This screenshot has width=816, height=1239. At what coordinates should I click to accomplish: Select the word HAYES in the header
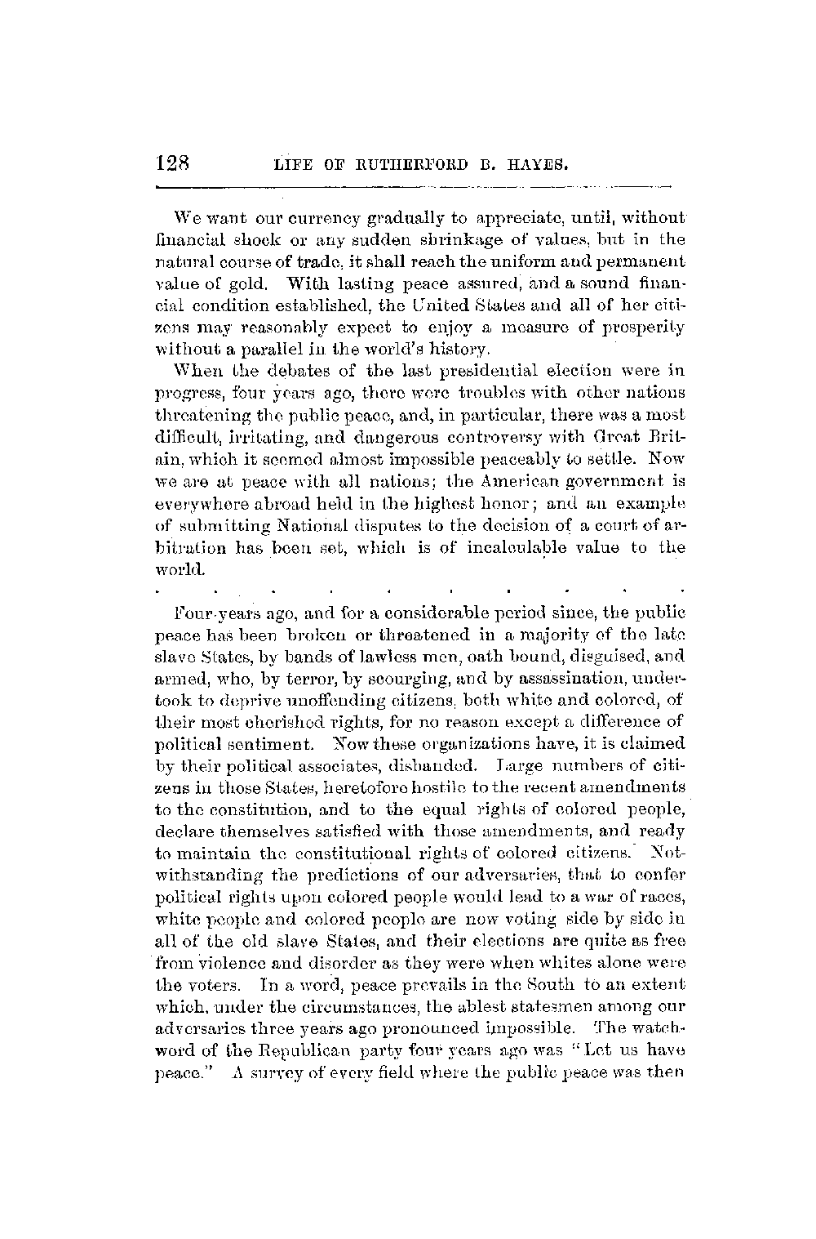[x=538, y=170]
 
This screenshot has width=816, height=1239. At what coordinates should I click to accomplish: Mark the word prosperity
[x=645, y=328]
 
